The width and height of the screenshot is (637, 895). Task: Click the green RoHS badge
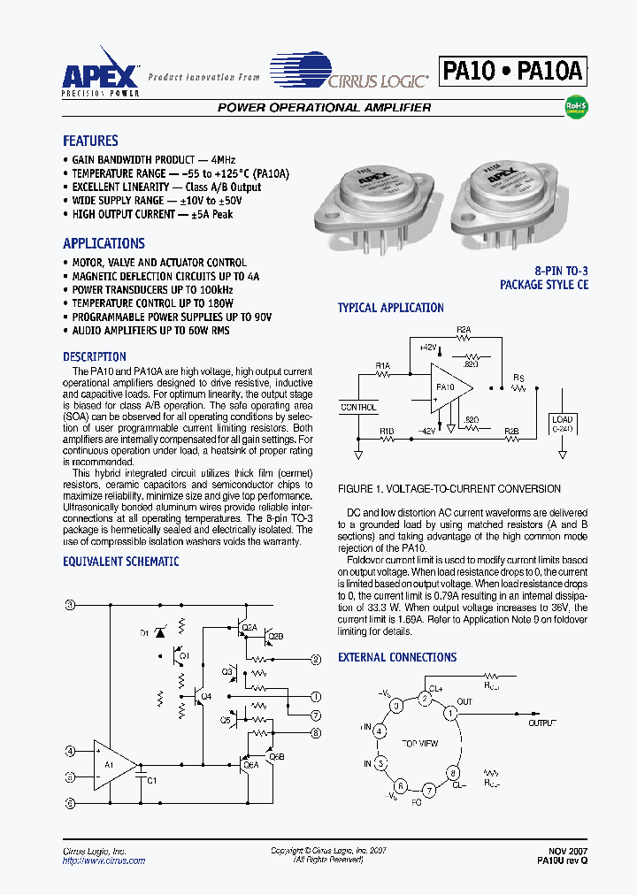pos(576,108)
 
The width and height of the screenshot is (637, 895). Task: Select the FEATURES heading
pos(90,141)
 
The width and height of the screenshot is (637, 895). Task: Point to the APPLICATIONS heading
pos(104,243)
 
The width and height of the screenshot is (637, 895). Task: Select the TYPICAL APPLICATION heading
pos(390,308)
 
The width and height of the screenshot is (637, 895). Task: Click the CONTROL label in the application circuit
pos(358,408)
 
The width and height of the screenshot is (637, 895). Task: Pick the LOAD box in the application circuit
pos(562,423)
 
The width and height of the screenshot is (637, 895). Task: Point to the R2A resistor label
pos(464,329)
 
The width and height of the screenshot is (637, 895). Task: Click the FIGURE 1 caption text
pos(449,489)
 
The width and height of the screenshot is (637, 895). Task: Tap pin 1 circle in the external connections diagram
pos(450,712)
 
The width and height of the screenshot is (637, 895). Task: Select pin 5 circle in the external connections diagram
pos(380,762)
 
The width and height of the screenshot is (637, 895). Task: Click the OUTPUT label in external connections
pos(542,723)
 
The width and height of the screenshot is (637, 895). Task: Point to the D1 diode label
pos(144,633)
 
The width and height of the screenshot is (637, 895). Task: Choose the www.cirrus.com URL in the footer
pos(104,861)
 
